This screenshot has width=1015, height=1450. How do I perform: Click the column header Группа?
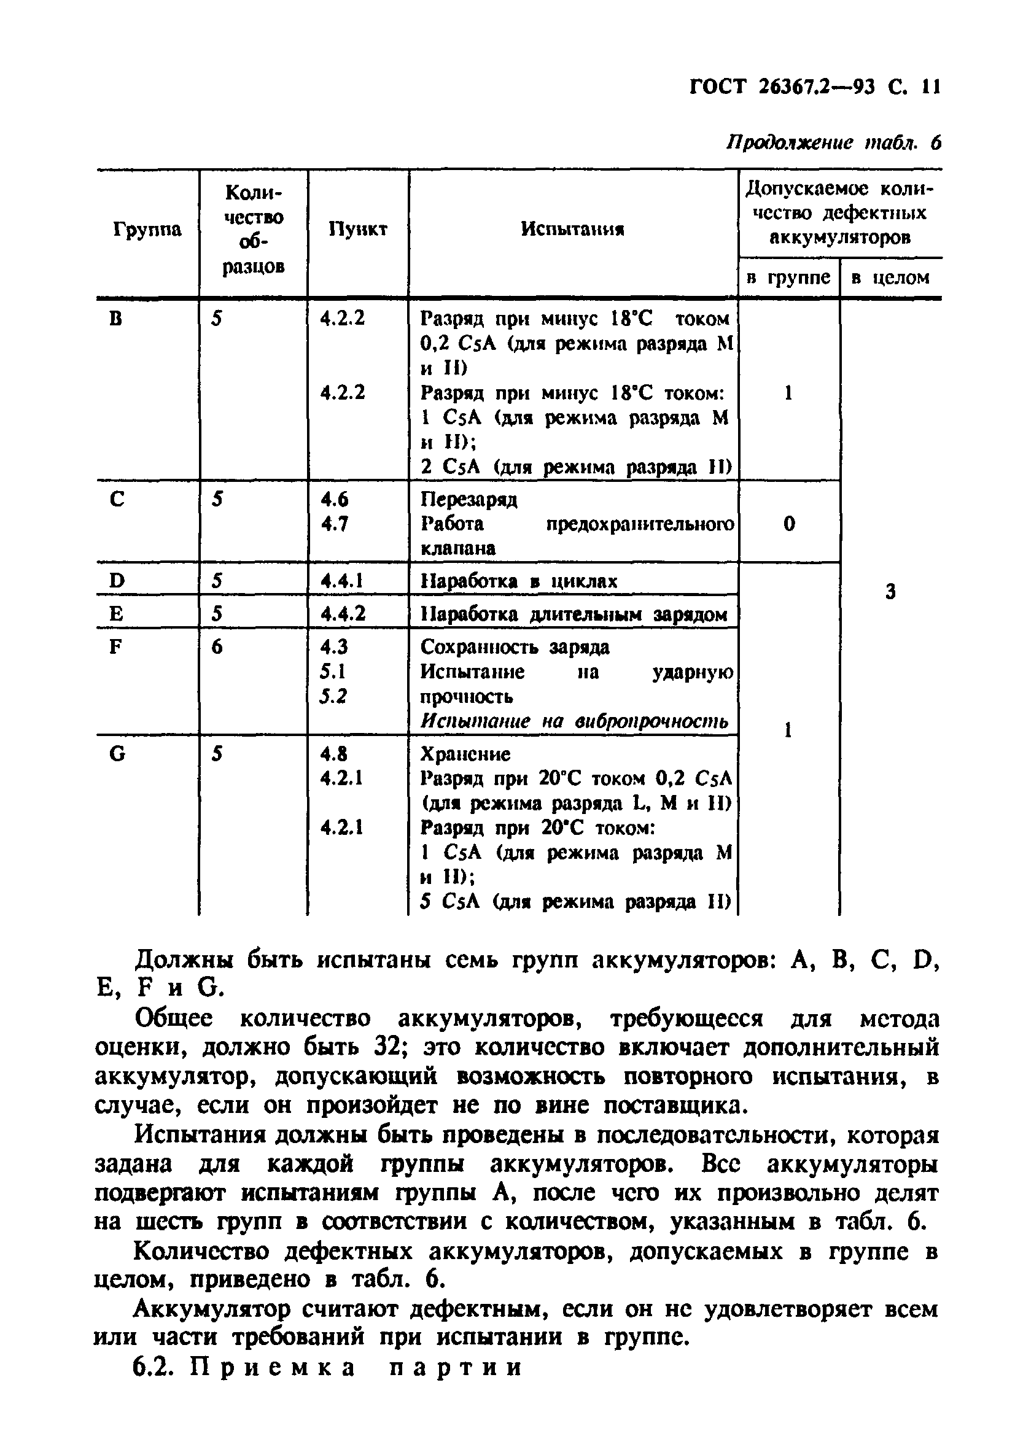(x=147, y=229)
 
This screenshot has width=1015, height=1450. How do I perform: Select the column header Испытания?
(x=572, y=229)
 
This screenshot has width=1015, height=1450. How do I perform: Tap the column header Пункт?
(x=357, y=229)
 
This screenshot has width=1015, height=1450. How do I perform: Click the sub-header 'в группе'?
(x=788, y=277)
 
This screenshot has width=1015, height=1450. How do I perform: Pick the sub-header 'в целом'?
(x=890, y=277)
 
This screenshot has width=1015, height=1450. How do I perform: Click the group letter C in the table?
(x=117, y=500)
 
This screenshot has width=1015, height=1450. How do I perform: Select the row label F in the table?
(x=115, y=646)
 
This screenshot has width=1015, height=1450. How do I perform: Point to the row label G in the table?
(x=117, y=754)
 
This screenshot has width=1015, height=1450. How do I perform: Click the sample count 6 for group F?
(x=217, y=646)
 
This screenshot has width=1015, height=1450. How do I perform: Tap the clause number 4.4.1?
(x=341, y=580)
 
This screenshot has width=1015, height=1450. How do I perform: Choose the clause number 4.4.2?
(x=343, y=614)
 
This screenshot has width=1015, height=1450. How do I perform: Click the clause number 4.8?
(x=334, y=754)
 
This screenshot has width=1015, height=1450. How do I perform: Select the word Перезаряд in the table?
(x=469, y=500)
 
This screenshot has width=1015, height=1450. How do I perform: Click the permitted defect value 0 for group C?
(x=789, y=524)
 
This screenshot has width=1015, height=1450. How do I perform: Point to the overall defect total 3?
(x=890, y=592)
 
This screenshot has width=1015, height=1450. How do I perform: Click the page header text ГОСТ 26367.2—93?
(x=781, y=86)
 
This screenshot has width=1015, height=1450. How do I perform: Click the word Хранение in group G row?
(x=465, y=754)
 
